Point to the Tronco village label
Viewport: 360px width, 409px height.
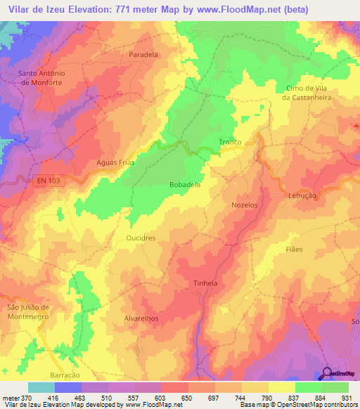click(x=230, y=142)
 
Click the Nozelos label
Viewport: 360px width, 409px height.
click(x=245, y=204)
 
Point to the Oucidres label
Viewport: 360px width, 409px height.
click(x=141, y=238)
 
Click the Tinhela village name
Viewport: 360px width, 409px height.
click(x=207, y=283)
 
